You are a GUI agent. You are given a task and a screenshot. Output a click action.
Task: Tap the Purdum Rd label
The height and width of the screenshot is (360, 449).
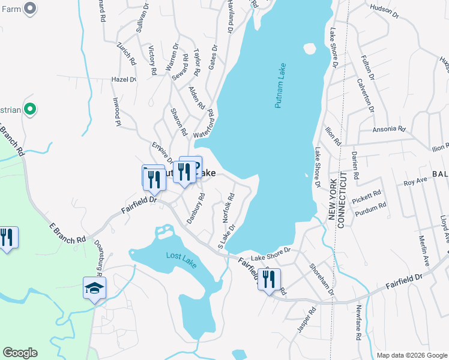(x=371, y=208)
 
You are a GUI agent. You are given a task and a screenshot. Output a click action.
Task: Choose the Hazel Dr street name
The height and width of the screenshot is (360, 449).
(x=124, y=79)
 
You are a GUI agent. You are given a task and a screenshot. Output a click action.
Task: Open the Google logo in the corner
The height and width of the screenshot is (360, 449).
(x=20, y=353)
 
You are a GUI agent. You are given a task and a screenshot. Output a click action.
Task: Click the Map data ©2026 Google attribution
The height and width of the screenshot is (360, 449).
(x=412, y=355)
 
